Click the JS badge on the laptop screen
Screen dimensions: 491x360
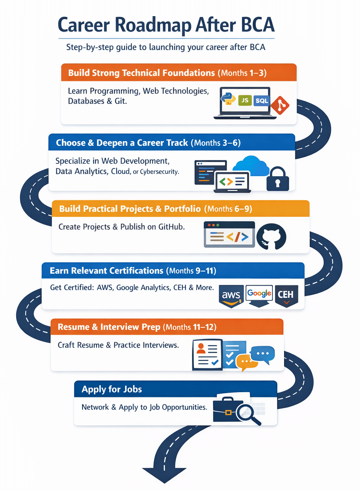tap(245, 101)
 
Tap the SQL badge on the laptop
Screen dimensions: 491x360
tap(262, 101)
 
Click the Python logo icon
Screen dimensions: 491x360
tap(229, 98)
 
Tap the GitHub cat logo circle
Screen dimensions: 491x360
tap(271, 237)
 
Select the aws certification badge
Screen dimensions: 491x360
tap(231, 296)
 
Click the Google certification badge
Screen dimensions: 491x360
tap(259, 295)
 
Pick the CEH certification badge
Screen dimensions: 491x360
tap(286, 295)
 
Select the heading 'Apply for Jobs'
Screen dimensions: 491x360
tap(112, 389)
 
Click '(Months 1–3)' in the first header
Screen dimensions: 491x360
tap(242, 73)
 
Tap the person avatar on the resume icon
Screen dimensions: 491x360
tap(201, 348)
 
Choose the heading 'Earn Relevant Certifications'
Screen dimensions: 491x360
tap(107, 270)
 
